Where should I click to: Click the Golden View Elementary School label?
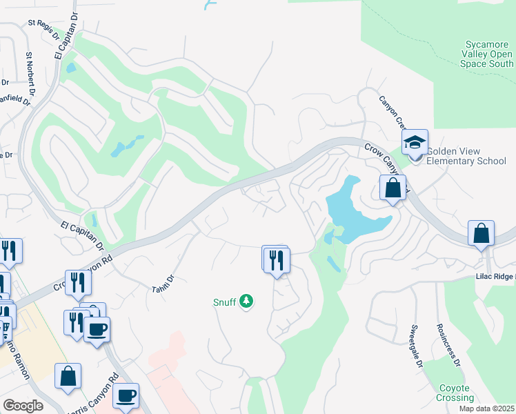coord(466,157)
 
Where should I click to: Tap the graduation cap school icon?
coord(415,143)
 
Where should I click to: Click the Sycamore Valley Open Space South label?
coord(487,55)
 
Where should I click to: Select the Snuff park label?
coord(224,302)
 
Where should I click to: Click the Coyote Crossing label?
coord(455,393)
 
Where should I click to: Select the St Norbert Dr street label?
coord(30,75)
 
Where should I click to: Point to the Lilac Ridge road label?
coord(495,275)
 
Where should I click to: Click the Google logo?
coord(23,406)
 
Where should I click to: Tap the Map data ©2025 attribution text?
coord(486,408)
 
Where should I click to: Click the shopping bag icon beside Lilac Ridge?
coord(481,234)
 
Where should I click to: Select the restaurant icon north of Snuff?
coord(277,259)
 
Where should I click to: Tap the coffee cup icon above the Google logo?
coord(126,396)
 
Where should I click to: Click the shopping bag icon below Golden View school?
coord(393,188)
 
